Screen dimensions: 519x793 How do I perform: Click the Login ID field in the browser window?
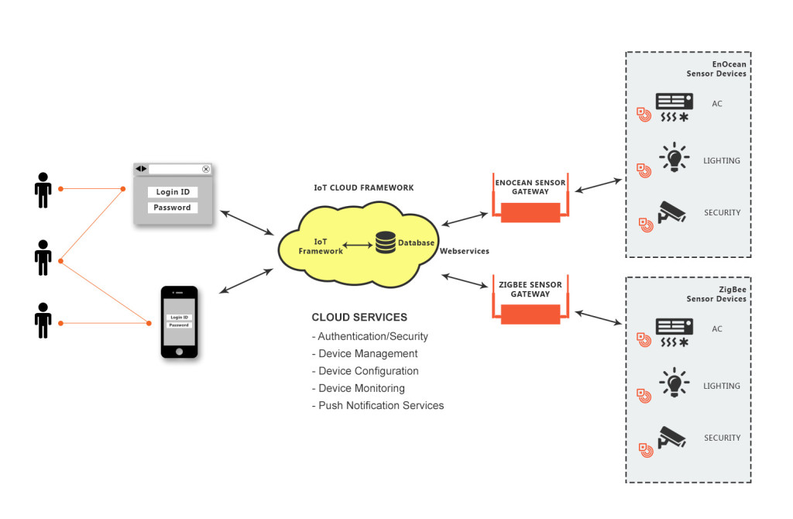click(x=173, y=192)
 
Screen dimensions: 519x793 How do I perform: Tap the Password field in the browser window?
click(x=173, y=208)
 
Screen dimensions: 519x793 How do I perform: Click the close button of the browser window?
click(x=206, y=169)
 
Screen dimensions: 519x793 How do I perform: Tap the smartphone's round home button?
click(x=180, y=351)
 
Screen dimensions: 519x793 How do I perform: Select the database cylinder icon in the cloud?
click(x=385, y=243)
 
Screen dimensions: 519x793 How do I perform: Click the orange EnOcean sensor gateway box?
click(x=530, y=212)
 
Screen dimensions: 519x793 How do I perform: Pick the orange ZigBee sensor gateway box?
click(x=530, y=314)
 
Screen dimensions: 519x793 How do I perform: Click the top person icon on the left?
click(x=43, y=190)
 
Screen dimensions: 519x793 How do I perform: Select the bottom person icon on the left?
click(x=43, y=321)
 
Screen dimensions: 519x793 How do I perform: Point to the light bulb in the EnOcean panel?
click(x=673, y=157)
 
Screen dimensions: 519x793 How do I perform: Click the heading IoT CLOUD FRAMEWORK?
click(x=363, y=187)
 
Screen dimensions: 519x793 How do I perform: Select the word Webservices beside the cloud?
click(x=465, y=251)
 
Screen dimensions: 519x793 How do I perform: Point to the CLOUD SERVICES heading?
click(x=359, y=318)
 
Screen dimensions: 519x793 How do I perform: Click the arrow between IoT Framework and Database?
click(x=358, y=246)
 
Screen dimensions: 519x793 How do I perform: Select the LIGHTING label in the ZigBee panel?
click(x=721, y=386)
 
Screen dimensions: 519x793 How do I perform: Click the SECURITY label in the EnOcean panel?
click(x=722, y=212)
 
